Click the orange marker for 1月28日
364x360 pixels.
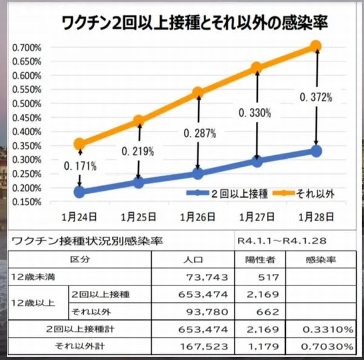point(315,46)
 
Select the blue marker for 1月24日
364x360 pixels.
point(79,192)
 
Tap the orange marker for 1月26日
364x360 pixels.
point(197,93)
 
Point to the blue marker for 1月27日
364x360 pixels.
point(257,161)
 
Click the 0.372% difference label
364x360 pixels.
point(317,96)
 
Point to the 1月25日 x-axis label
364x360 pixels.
point(138,216)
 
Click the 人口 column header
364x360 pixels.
point(198,260)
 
